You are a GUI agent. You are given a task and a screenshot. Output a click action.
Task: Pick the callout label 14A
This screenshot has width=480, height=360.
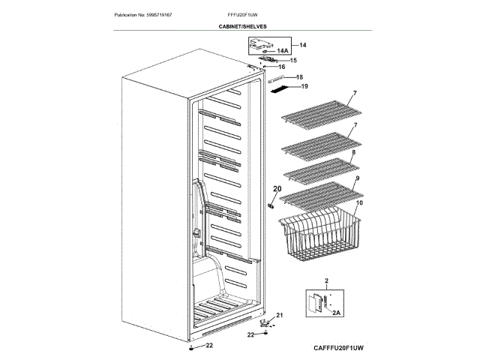(x=283, y=51)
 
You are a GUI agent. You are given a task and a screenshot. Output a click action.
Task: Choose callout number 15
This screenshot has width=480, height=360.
(x=293, y=60)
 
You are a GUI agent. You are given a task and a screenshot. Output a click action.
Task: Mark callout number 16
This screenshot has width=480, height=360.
(x=283, y=67)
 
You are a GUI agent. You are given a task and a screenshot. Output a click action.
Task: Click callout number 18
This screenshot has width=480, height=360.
(x=299, y=77)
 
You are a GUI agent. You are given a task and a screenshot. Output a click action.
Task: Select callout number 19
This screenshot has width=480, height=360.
(x=304, y=86)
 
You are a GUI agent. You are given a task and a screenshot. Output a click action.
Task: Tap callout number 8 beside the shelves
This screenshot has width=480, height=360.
(x=353, y=152)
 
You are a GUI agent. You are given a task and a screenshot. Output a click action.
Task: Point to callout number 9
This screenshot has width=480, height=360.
(x=357, y=178)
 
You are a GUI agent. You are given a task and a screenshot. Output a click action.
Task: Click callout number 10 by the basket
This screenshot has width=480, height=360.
(x=359, y=202)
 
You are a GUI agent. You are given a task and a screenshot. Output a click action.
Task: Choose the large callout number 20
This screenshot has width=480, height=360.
(x=276, y=189)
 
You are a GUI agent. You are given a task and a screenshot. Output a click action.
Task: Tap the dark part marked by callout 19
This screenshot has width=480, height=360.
(x=278, y=89)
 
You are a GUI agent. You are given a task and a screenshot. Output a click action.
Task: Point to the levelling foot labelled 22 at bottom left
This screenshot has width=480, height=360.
(x=193, y=348)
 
